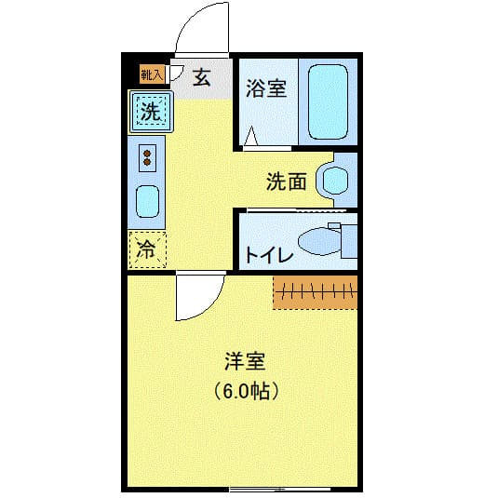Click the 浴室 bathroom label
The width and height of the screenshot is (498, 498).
click(x=265, y=89)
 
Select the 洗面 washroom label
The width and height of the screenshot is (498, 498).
click(x=286, y=182)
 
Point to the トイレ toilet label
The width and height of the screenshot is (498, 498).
click(x=269, y=254)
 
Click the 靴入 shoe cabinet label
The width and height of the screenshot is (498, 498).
click(x=151, y=74)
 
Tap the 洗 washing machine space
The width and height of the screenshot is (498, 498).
click(x=150, y=113)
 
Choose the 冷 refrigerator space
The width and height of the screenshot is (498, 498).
click(x=147, y=249)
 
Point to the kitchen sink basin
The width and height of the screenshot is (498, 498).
click(x=147, y=201)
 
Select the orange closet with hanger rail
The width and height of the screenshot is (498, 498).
click(x=315, y=292)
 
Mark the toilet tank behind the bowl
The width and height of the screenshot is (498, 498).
click(x=349, y=240)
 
